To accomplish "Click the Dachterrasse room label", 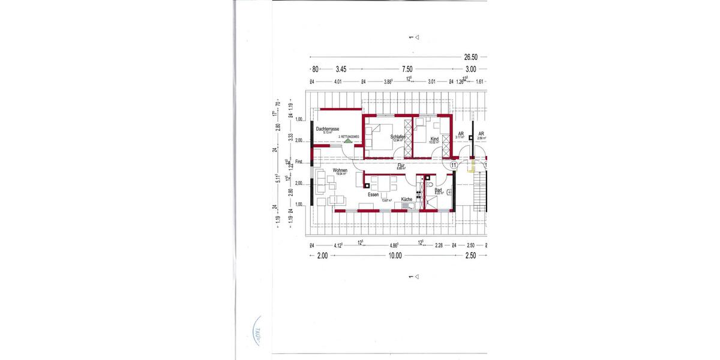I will click(328, 129).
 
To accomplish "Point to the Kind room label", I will click(434, 139).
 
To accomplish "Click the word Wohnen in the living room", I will click(340, 171).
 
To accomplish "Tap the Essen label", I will click(374, 194).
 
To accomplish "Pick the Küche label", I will click(407, 199).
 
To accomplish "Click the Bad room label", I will click(438, 190).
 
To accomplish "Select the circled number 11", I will click(454, 164).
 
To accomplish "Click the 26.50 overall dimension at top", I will click(471, 57).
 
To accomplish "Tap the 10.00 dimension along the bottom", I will click(394, 256).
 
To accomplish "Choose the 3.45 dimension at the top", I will click(341, 69).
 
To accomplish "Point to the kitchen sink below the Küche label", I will click(409, 207).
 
